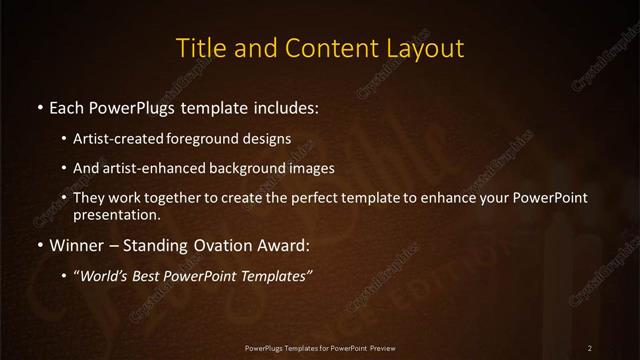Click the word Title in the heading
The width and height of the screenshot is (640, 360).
[200, 47]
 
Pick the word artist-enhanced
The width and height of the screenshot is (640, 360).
[162, 168]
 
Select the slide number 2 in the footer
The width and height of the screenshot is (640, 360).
[590, 347]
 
